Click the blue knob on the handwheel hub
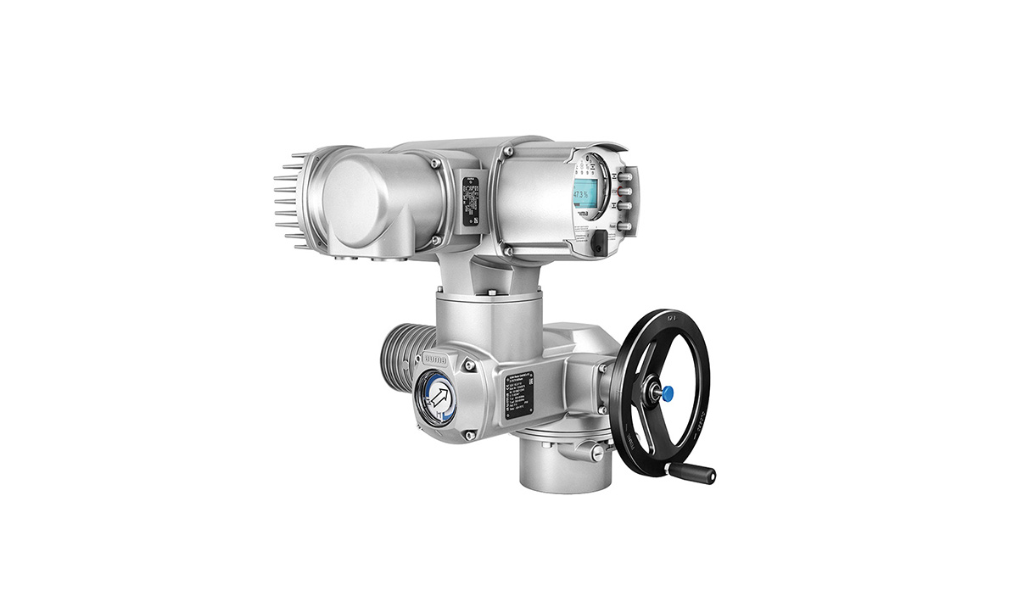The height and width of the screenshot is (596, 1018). (x=667, y=393)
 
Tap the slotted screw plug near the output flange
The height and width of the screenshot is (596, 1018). (x=600, y=455)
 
